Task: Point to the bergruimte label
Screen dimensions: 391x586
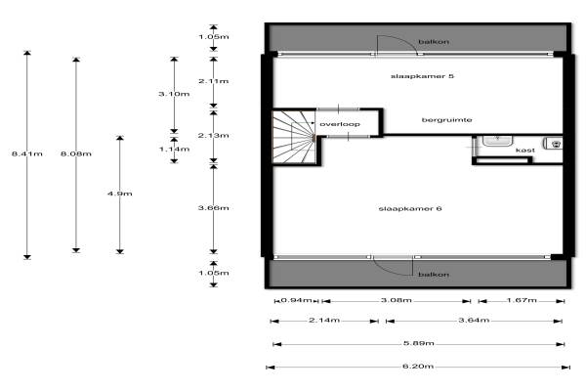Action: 447,120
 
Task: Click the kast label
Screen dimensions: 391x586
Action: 524,151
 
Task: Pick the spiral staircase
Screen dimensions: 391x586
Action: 294,138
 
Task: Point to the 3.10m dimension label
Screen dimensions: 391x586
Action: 173,94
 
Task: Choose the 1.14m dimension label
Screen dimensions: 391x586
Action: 173,149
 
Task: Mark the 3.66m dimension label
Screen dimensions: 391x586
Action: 213,208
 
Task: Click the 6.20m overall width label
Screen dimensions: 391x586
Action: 418,368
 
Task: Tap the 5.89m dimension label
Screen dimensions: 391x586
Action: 418,344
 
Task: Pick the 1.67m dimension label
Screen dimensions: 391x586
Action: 523,300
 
